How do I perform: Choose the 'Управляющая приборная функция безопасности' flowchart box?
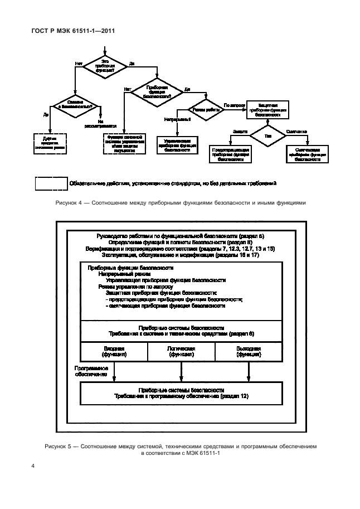177,145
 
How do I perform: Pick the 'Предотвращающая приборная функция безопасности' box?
231,154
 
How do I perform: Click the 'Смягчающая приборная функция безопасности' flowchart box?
307,154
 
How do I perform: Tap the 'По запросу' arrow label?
233,105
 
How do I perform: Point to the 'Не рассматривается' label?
100,124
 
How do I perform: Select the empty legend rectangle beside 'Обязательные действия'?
51,182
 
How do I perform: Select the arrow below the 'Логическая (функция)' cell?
181,371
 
